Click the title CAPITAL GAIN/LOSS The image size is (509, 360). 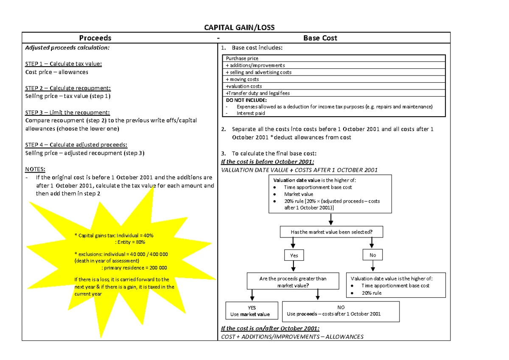click(239, 28)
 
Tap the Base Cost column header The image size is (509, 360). click(320, 38)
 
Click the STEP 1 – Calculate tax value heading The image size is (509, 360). click(64, 64)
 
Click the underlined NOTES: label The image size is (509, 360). click(35, 169)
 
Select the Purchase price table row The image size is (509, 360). click(333, 59)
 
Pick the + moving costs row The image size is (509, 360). click(333, 79)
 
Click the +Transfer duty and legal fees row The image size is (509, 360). click(333, 93)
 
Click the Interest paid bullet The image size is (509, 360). click(251, 113)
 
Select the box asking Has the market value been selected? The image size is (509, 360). click(331, 232)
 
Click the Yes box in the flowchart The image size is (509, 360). click(294, 255)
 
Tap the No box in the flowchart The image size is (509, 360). click(372, 255)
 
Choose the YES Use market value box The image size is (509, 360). click(252, 311)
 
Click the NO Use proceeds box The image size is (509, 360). click(341, 311)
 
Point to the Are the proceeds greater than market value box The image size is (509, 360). click(293, 282)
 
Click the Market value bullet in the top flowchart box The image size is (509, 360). click(299, 194)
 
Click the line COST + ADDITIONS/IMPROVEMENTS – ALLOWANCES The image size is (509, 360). click(292, 337)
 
